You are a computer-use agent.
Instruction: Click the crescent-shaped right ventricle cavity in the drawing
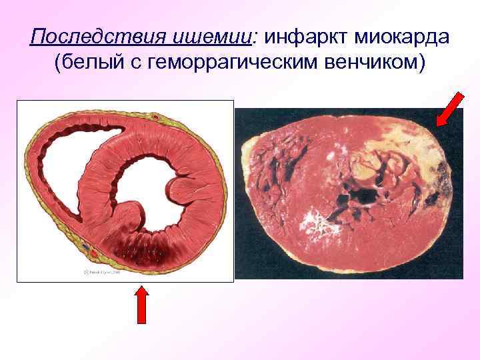[x=63, y=167]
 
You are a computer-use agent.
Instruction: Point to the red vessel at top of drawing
[x=156, y=117]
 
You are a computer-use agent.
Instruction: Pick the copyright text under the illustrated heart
[x=101, y=272]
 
